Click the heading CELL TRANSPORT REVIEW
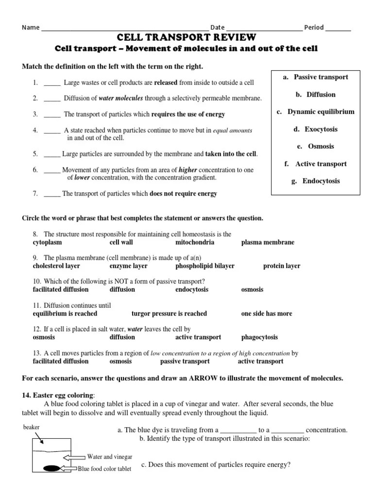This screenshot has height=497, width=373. (x=186, y=38)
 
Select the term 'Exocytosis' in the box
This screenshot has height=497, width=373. (x=321, y=129)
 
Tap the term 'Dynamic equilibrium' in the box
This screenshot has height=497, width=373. (x=320, y=112)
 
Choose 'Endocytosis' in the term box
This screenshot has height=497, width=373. (x=321, y=181)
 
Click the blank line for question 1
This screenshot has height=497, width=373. (x=52, y=83)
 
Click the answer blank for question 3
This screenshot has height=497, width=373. (x=52, y=115)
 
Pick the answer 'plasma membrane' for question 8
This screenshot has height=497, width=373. (x=268, y=242)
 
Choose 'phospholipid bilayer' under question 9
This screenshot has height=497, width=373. (x=204, y=266)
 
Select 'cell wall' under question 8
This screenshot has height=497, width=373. (x=121, y=242)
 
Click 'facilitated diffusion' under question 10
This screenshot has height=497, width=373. (x=61, y=289)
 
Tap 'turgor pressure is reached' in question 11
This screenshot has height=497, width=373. (x=169, y=314)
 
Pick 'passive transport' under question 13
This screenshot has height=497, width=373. (x=185, y=361)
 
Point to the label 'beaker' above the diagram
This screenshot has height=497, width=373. (x=31, y=427)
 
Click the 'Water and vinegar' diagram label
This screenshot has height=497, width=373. (x=109, y=457)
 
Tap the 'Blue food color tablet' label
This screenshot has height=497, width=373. (x=104, y=469)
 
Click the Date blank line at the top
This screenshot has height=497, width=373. (x=264, y=28)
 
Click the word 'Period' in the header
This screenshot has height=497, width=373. (x=314, y=27)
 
